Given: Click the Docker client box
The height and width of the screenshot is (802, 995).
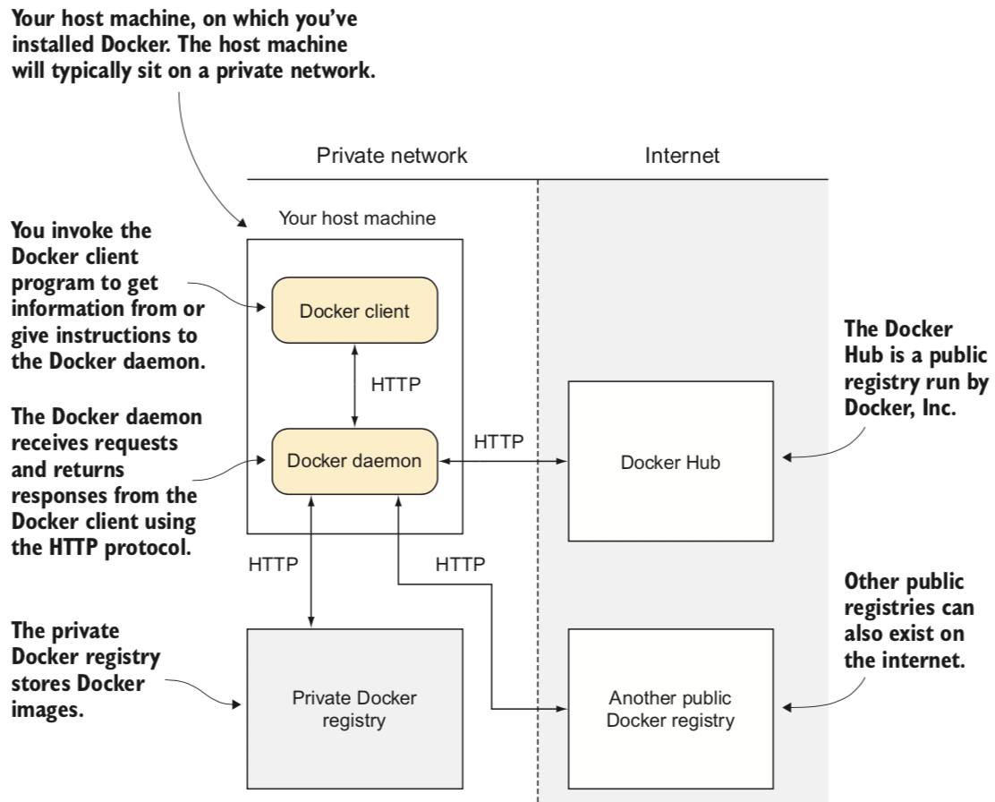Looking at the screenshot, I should (x=355, y=311).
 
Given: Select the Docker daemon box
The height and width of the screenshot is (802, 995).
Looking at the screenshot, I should (x=355, y=462).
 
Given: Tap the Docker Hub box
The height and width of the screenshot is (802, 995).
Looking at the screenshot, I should (x=670, y=462).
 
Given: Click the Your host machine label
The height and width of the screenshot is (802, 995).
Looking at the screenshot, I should (x=357, y=218).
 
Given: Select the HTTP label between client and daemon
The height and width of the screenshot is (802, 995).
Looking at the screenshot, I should (x=396, y=386).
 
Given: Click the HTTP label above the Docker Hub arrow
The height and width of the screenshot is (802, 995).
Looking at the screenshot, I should (x=499, y=441).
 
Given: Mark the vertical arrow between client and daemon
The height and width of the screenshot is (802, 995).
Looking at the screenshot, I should (x=355, y=386).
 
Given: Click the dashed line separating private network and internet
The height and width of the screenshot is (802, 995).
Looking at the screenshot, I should (x=538, y=555).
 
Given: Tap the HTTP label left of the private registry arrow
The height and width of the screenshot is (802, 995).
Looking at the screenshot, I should (x=273, y=564).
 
